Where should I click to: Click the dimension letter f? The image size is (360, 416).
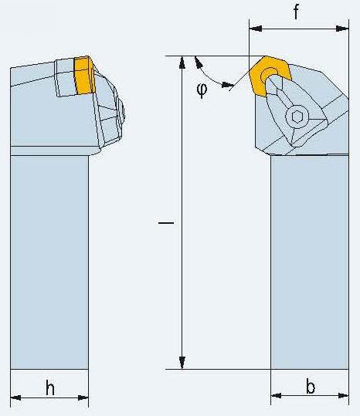click(296, 12)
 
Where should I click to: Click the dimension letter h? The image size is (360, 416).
click(50, 388)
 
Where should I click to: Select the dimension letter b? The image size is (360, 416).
click(311, 386)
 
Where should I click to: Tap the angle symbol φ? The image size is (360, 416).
click(202, 90)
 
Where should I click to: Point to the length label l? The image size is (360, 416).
click(166, 223)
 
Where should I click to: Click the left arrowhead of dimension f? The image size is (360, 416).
click(256, 29)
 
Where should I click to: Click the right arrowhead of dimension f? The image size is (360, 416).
click(342, 29)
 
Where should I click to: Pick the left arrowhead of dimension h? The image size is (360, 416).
click(16, 397)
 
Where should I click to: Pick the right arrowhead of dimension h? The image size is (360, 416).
click(83, 397)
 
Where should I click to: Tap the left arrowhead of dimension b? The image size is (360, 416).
click(277, 396)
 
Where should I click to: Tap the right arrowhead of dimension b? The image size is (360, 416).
click(343, 396)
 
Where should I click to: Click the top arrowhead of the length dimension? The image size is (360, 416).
click(182, 62)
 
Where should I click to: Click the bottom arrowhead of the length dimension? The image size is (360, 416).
click(182, 363)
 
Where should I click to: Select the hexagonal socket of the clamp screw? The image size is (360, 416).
click(297, 117)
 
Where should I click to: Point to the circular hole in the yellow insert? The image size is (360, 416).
click(269, 75)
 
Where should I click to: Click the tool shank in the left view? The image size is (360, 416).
click(49, 262)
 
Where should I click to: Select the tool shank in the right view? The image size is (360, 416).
click(310, 262)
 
